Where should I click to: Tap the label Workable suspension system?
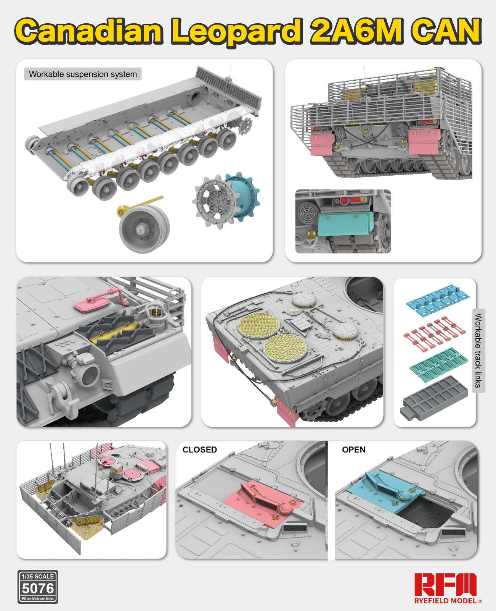point(83,74)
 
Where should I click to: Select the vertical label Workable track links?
point(478,350)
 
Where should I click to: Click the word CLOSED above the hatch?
point(199,449)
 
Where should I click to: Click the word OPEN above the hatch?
point(353,449)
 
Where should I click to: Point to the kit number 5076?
point(38,588)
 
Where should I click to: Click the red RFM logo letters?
point(445,584)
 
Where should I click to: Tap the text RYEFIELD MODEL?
point(445,601)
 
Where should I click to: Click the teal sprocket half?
point(244,195)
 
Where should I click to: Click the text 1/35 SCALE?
point(38,576)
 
